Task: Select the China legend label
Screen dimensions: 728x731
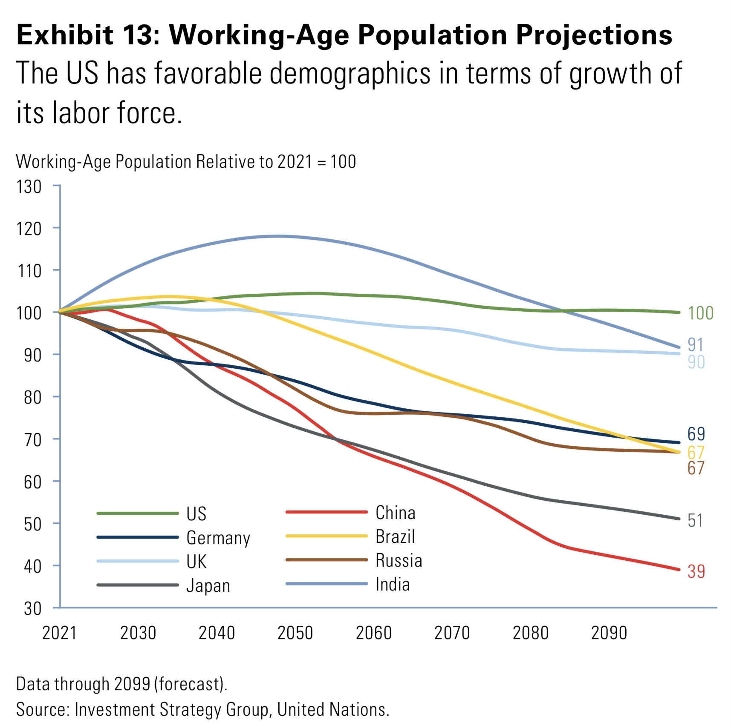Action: coord(395,513)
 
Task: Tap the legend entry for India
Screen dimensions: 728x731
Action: coord(392,585)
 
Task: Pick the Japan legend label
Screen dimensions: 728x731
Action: coord(208,586)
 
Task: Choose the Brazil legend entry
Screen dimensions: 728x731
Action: coord(395,537)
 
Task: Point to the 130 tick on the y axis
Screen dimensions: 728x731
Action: coord(29,187)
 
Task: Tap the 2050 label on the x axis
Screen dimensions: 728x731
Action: coord(295,633)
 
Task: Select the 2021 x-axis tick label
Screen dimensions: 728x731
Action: coord(59,633)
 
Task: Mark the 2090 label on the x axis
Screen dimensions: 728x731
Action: coord(609,633)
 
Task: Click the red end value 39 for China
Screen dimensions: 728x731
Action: coord(696,571)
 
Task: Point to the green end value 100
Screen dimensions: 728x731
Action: coord(700,313)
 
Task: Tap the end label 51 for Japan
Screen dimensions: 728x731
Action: coord(695,520)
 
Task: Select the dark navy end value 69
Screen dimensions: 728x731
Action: coord(696,434)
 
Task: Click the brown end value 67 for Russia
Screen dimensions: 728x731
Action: coord(696,468)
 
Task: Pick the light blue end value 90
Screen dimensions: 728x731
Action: coord(696,362)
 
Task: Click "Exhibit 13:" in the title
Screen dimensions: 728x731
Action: coord(88,34)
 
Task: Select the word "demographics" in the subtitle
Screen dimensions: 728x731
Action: coord(350,74)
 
